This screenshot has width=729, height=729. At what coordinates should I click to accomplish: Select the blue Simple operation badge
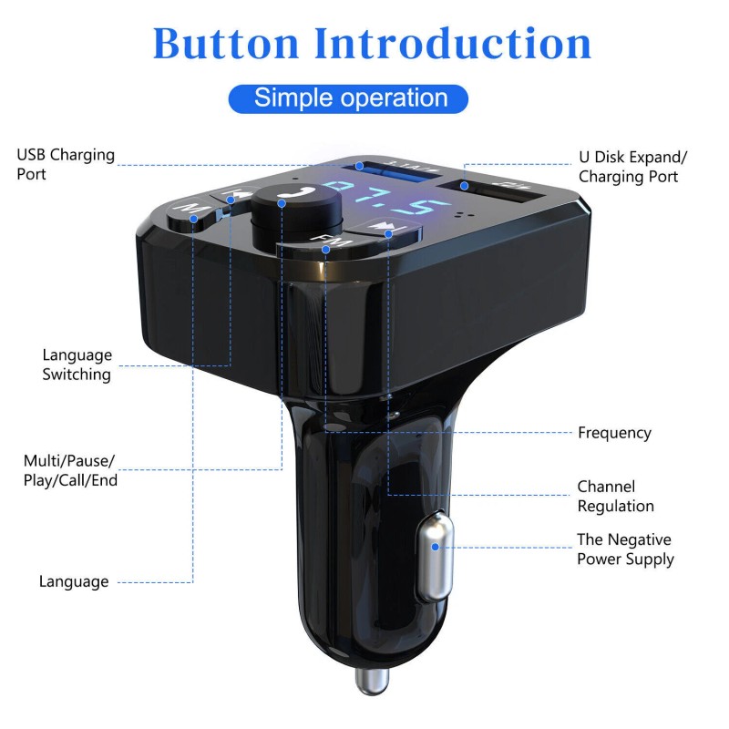click(x=350, y=98)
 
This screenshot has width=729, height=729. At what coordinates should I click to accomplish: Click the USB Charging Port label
click(x=66, y=163)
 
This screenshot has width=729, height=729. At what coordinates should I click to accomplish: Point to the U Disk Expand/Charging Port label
click(x=632, y=166)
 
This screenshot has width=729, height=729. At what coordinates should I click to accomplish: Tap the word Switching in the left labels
click(x=77, y=375)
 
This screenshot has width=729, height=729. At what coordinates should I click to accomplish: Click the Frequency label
click(x=614, y=433)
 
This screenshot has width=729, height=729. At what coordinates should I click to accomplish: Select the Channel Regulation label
click(x=615, y=497)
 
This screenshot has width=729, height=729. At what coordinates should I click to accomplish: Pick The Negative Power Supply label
click(x=625, y=549)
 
